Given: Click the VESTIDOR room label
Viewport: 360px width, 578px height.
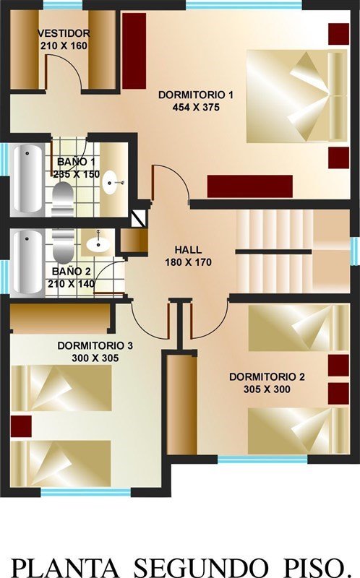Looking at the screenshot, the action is point(64,33).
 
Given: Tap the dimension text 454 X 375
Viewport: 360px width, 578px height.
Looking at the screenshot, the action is point(196,107).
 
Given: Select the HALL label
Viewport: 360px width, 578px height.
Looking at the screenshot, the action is point(188,249).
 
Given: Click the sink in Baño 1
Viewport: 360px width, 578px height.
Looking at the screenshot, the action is point(111,182).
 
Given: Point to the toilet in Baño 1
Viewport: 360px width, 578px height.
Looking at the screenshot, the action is point(62,199).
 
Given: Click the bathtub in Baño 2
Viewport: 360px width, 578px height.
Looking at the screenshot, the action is point(27,262).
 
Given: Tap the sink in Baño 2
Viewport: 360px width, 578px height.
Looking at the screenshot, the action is point(98,243).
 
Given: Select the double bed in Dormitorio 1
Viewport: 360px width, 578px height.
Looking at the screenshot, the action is point(296,96).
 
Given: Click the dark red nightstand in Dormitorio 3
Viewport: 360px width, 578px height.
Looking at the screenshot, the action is point(21,426).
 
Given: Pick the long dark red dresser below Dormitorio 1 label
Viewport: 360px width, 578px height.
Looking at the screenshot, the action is point(249,186).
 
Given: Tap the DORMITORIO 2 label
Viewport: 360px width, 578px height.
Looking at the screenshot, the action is point(267,376).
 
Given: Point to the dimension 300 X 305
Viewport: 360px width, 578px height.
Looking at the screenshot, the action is point(95,358).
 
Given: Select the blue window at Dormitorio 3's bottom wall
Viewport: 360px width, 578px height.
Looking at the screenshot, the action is point(85,492).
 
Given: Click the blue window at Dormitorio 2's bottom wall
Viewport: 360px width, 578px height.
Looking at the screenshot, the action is point(262,460).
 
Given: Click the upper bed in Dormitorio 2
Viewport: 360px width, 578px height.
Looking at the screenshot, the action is point(299,328).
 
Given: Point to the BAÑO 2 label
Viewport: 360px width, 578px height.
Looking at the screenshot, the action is point(71,272).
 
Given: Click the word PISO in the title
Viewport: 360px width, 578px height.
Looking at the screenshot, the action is point(314,567).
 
